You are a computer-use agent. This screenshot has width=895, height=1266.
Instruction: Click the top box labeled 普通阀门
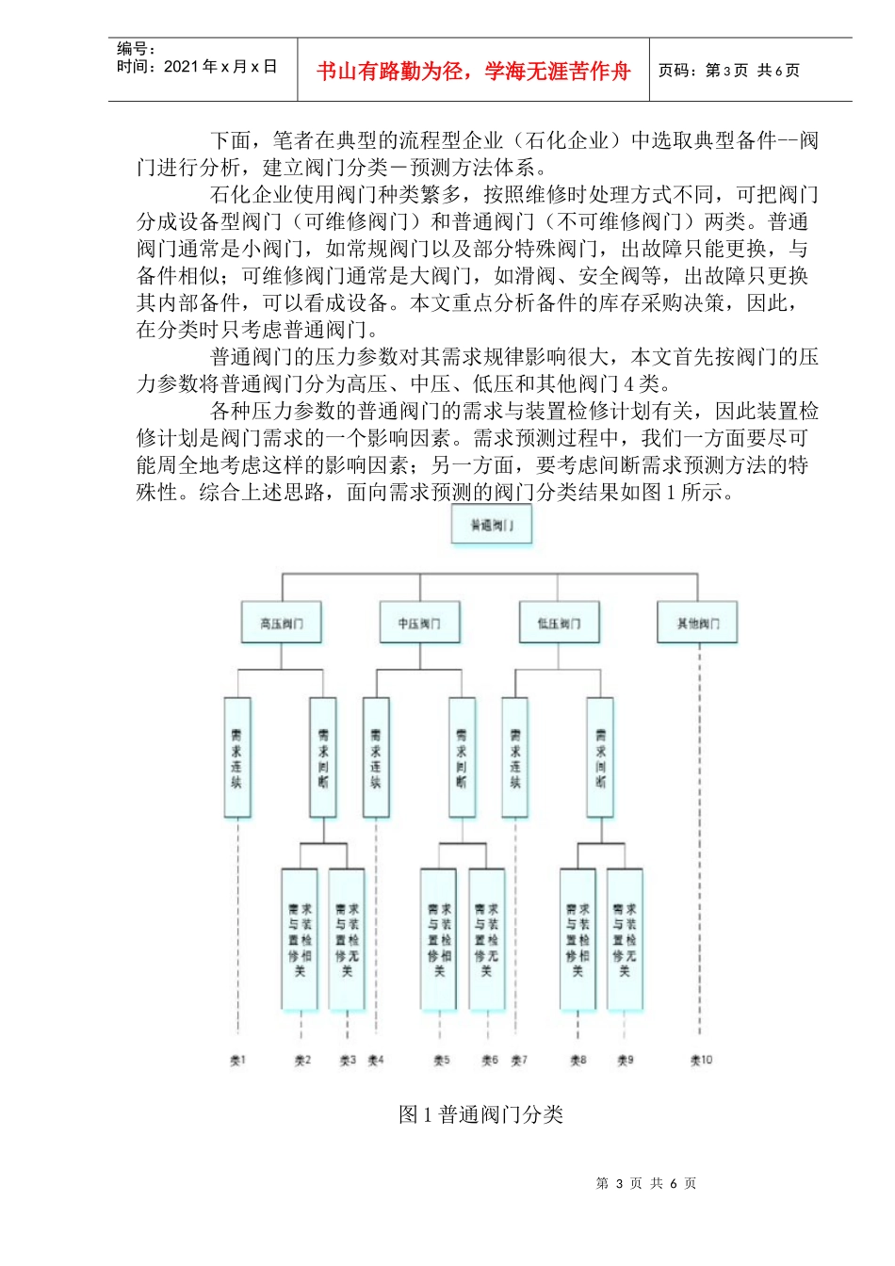coord(492,525)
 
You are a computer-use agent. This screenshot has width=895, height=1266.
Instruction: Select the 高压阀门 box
coord(282,623)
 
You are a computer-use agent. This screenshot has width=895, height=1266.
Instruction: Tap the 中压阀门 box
coord(419,623)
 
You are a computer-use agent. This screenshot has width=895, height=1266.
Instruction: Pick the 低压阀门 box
coord(559,623)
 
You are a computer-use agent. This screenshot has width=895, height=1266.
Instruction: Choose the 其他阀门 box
coord(697,623)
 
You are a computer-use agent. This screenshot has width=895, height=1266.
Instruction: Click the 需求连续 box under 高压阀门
coord(237,757)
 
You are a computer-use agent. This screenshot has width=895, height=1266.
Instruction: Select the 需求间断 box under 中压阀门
coord(462,757)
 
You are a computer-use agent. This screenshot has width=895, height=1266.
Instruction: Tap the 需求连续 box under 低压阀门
coord(514,757)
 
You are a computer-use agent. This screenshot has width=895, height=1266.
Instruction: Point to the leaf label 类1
coord(237,1060)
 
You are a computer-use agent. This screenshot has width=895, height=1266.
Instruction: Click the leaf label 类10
coord(701,1060)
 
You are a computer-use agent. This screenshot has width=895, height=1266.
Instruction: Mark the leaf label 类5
coord(441,1060)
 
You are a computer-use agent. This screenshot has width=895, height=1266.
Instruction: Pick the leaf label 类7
coord(519,1060)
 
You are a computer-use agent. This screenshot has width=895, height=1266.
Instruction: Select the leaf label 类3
coord(348,1060)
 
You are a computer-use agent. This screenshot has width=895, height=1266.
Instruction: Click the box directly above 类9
coord(625,939)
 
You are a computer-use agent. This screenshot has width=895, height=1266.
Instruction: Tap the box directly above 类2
coord(300,939)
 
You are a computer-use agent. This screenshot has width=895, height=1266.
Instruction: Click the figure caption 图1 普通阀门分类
coord(480,1114)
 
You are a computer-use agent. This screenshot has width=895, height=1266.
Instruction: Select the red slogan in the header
coord(473,72)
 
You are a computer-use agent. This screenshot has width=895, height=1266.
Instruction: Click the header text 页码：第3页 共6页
coord(728,71)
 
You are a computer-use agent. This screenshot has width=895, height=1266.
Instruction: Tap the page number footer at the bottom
coord(645,1183)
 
